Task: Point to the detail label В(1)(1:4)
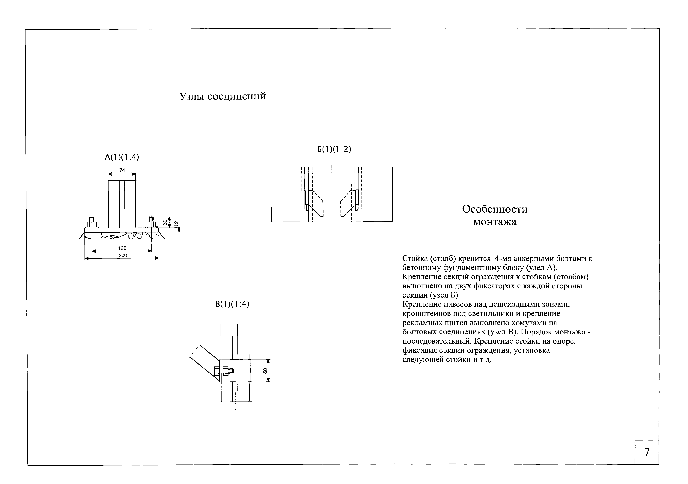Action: click(232, 304)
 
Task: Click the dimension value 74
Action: click(122, 170)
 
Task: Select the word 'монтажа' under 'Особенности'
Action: click(495, 222)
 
